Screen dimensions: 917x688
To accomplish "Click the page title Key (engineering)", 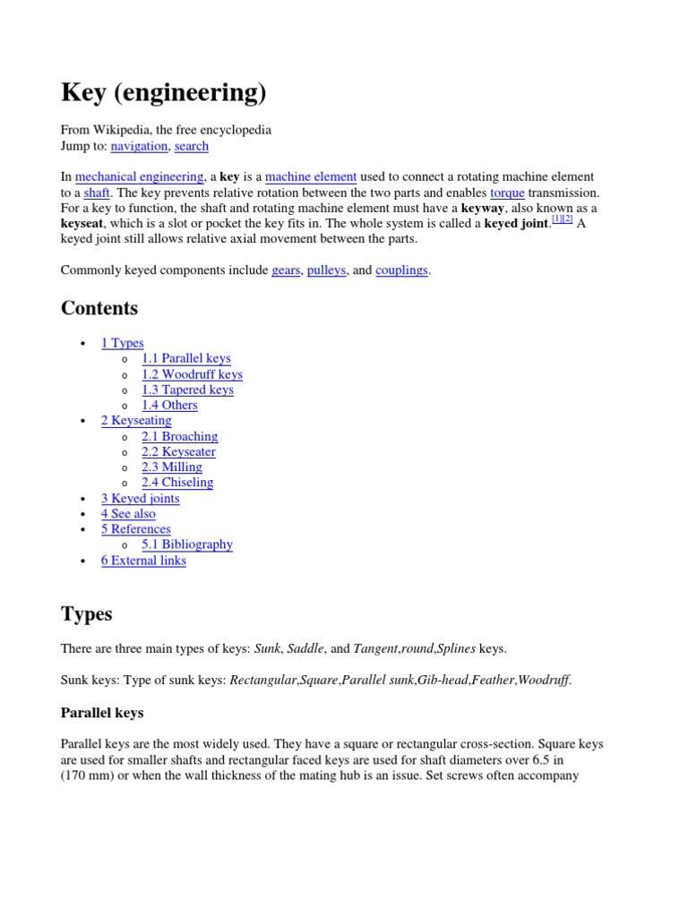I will (x=163, y=92).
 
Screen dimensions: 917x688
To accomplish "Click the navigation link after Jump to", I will (x=139, y=146).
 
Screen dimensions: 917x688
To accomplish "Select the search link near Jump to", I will (x=192, y=146).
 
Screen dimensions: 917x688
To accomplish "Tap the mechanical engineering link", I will (x=140, y=177).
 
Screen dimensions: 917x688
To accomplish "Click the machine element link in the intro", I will (x=311, y=177).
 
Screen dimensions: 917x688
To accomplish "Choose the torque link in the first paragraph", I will (x=507, y=193).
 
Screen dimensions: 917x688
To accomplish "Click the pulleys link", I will (x=326, y=270).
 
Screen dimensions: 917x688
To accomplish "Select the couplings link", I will (x=402, y=270).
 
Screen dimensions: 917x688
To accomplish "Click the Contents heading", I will (x=99, y=309).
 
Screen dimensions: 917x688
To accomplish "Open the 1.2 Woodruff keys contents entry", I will (x=192, y=374).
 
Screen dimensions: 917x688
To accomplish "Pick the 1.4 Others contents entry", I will (x=169, y=405).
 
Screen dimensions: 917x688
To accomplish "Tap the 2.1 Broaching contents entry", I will (x=179, y=436).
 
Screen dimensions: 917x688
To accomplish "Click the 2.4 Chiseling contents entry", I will (x=177, y=482).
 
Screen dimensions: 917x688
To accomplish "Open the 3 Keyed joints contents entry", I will (x=140, y=498).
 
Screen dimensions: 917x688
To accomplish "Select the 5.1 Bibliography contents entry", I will (x=187, y=544).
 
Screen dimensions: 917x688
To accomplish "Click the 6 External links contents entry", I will (x=143, y=561).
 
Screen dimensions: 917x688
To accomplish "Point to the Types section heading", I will (x=87, y=614).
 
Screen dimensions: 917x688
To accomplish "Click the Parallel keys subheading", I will (x=102, y=714).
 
